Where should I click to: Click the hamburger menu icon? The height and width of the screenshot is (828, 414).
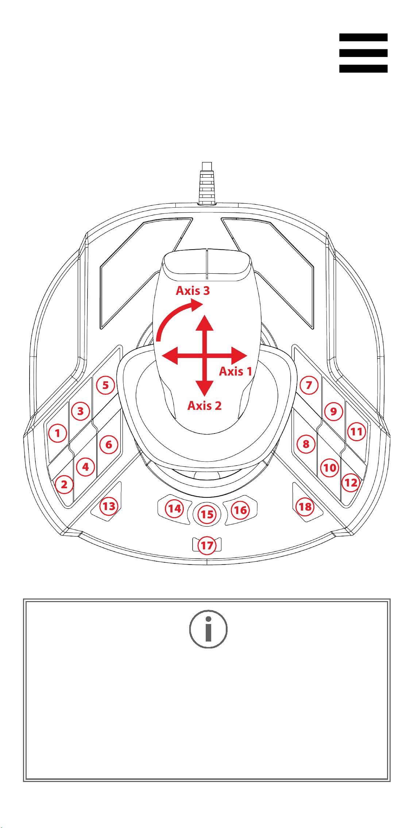[363, 53]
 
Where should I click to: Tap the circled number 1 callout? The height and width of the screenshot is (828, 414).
[58, 433]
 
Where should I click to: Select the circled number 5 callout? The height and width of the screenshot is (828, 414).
[105, 385]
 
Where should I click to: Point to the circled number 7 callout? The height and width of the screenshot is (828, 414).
[309, 385]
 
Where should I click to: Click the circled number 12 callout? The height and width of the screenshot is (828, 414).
[351, 482]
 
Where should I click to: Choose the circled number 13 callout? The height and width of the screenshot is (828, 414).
[109, 506]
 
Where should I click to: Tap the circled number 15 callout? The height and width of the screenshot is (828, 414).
[207, 515]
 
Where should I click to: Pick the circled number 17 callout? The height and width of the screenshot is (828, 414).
[207, 546]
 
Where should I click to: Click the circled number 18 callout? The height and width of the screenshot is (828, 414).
[305, 507]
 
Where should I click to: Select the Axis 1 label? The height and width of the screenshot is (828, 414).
[236, 371]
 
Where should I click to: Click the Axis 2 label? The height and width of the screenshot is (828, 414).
[205, 405]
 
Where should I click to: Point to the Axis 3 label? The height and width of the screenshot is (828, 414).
[193, 290]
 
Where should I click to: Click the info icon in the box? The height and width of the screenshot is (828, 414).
[208, 629]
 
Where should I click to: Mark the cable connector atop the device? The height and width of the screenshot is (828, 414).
[207, 183]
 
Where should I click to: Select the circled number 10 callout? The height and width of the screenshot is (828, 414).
[330, 467]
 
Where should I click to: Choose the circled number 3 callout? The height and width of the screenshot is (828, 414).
[81, 411]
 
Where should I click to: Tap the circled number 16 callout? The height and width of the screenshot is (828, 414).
[240, 510]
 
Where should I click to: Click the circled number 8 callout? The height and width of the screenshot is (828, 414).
[306, 444]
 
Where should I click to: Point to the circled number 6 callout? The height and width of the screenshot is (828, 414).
[109, 444]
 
